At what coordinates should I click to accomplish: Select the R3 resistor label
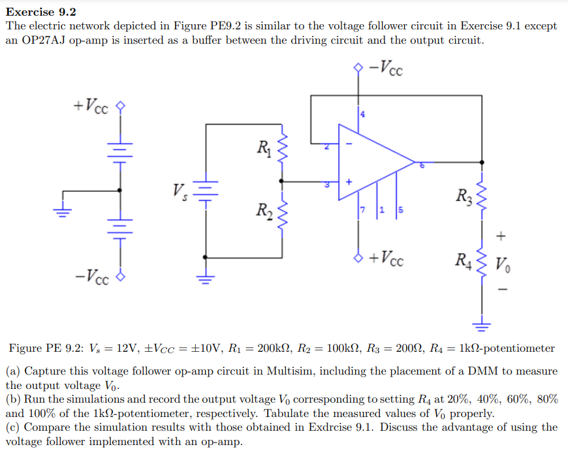tap(462, 195)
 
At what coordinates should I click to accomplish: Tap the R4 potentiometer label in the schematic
tap(462, 264)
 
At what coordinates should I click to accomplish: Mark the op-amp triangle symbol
tap(372, 160)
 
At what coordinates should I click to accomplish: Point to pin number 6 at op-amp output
tap(422, 166)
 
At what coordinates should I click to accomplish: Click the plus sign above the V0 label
tap(501, 234)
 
